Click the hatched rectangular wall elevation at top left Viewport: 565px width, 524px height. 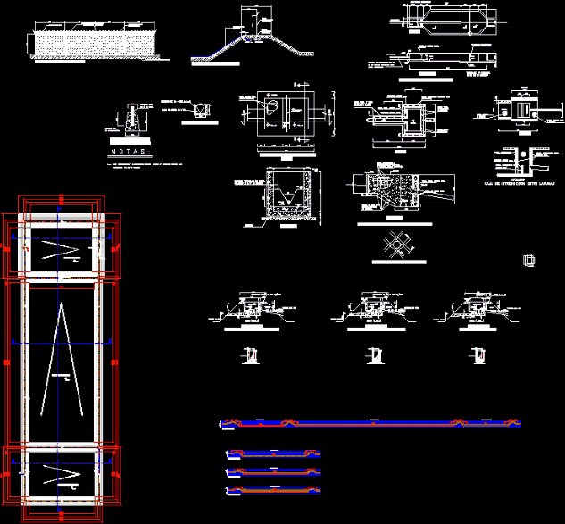(x=95, y=43)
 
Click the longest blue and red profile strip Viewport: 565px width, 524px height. (x=370, y=422)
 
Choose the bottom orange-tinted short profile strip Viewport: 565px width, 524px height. (x=273, y=490)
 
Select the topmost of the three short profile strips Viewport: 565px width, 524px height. (x=273, y=455)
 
